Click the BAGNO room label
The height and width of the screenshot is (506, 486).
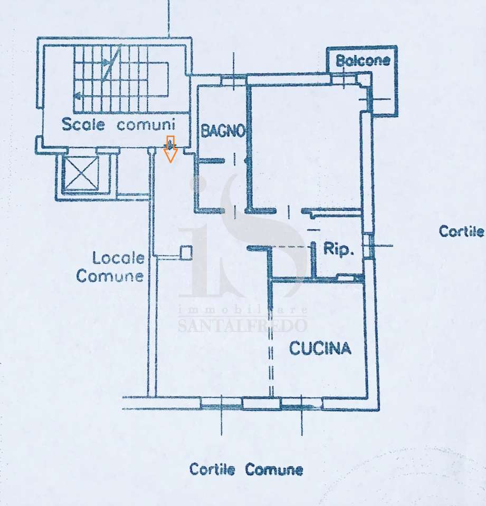click(x=223, y=131)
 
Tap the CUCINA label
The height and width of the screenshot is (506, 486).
click(x=320, y=348)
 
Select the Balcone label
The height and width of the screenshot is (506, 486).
click(x=363, y=60)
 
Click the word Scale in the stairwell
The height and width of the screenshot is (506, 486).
click(x=83, y=124)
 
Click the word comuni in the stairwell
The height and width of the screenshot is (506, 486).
click(x=146, y=124)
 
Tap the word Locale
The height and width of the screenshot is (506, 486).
click(x=118, y=258)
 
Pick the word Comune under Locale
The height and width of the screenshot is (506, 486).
click(x=110, y=276)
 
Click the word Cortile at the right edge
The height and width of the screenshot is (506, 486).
click(x=461, y=231)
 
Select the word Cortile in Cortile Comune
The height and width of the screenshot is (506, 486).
click(x=212, y=469)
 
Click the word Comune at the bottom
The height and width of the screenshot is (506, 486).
click(x=274, y=470)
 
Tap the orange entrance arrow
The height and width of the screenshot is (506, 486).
click(x=170, y=149)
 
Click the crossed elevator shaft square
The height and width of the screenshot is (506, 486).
click(x=81, y=173)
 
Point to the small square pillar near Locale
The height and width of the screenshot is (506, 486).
click(x=186, y=252)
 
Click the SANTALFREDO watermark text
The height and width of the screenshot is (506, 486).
click(x=242, y=325)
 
